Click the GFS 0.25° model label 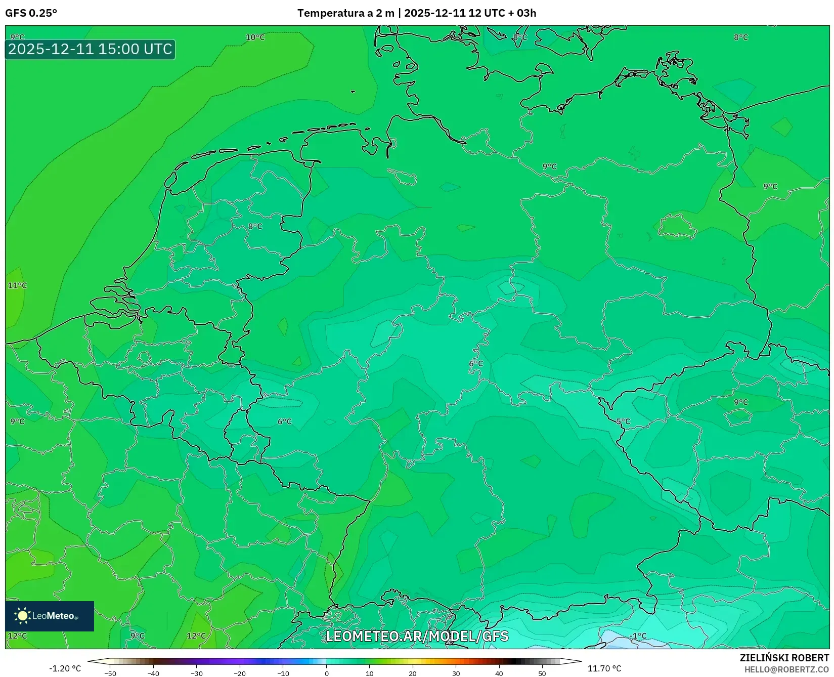tap(31, 13)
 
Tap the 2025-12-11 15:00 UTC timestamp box tap(90, 49)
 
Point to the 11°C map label tap(17, 285)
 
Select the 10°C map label tap(255, 37)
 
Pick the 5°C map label tap(623, 421)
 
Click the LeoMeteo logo tap(50, 616)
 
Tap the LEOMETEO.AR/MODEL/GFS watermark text tap(417, 636)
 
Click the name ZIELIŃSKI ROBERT tap(784, 658)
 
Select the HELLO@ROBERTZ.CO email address tap(786, 669)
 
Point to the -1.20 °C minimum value tap(65, 668)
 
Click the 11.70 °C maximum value tap(604, 668)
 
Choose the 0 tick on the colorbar tap(326, 673)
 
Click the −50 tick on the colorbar tap(110, 673)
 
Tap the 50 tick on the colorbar tap(542, 673)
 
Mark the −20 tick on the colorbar tap(240, 673)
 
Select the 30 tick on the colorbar tap(456, 673)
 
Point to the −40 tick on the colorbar tap(153, 673)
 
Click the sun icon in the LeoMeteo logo tap(23, 615)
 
